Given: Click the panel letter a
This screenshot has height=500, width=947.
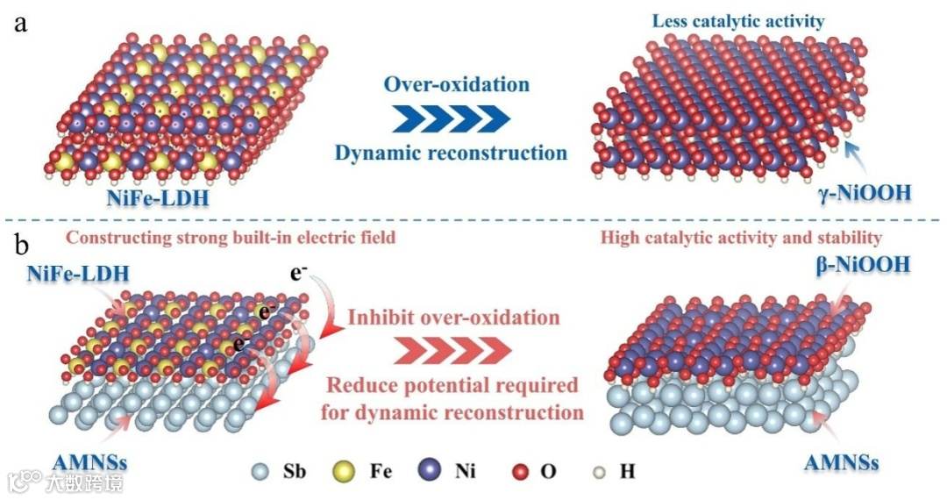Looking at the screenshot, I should (x=19, y=23).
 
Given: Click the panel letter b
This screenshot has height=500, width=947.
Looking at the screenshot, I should (x=20, y=239).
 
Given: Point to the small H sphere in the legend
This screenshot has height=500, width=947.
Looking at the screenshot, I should (x=601, y=471).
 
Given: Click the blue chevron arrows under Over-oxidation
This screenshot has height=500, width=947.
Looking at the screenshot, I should (x=450, y=117).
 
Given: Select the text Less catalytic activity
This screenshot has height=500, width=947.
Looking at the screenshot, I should (x=737, y=21).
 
